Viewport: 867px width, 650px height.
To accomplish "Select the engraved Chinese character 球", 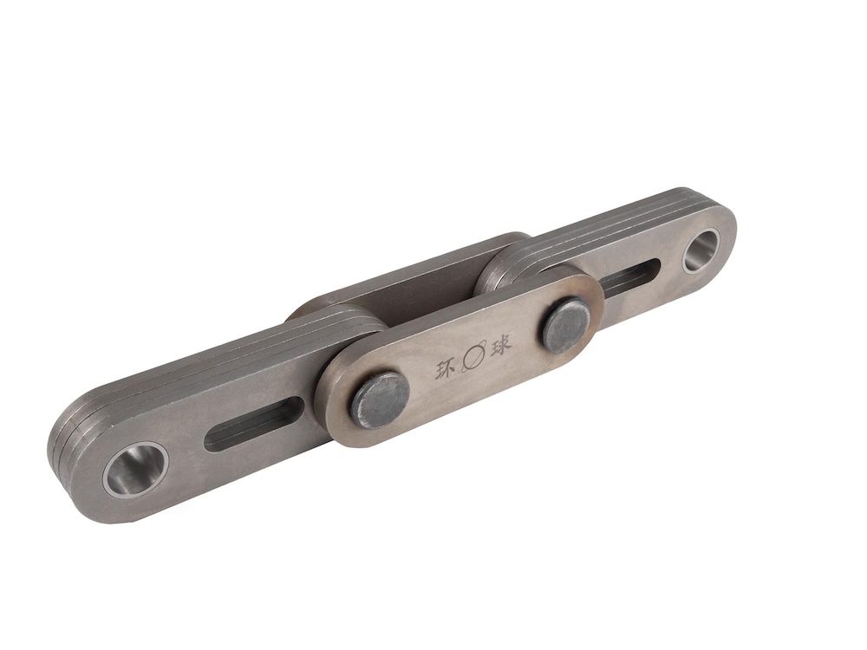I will tap(500, 343).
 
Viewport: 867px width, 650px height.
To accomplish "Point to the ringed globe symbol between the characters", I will tap(473, 356).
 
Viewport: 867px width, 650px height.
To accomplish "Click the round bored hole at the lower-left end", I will tap(134, 469).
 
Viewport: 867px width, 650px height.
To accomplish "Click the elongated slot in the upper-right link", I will tap(630, 276).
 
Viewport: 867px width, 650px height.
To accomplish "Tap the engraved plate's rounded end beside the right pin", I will tap(594, 299).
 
